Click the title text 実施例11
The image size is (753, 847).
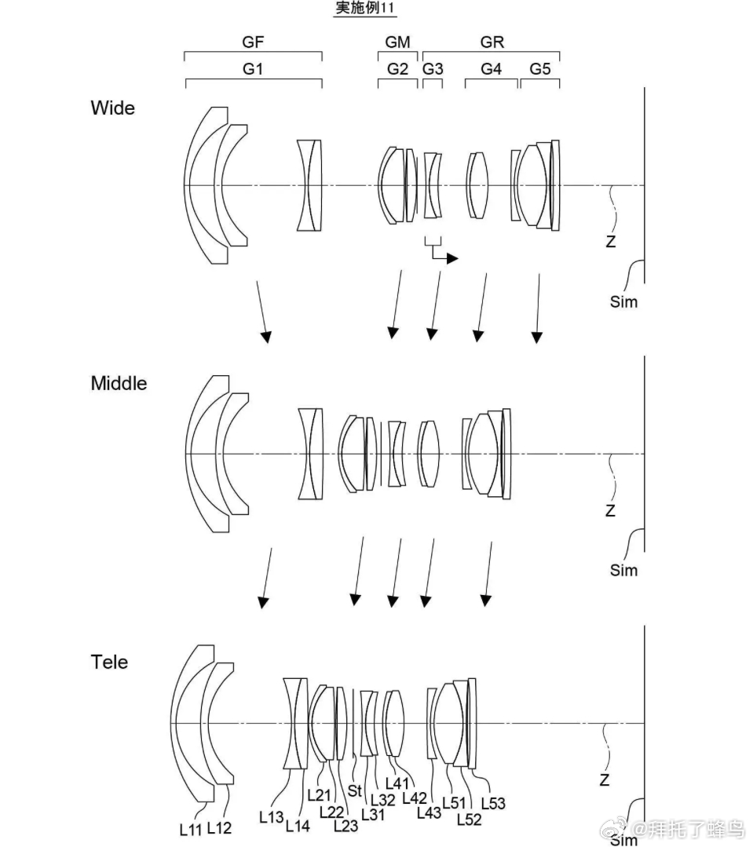click(365, 9)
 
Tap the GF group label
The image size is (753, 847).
click(253, 42)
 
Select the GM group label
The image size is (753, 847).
click(398, 42)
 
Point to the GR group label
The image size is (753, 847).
click(492, 42)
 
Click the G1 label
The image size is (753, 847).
click(253, 69)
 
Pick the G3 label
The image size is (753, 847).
click(433, 69)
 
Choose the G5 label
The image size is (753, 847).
click(540, 69)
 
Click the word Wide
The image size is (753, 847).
click(113, 108)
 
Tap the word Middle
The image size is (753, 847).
click(119, 383)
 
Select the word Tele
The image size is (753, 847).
click(109, 662)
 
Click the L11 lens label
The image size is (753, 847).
click(191, 828)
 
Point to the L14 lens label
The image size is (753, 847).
click(298, 825)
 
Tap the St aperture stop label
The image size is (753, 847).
click(355, 791)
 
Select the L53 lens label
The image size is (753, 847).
click(493, 802)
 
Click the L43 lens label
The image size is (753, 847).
click(429, 813)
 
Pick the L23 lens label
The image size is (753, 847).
click(346, 825)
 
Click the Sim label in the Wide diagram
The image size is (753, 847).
click(624, 301)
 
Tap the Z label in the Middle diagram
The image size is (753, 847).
click(610, 510)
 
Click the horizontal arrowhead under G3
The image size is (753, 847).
click(452, 257)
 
